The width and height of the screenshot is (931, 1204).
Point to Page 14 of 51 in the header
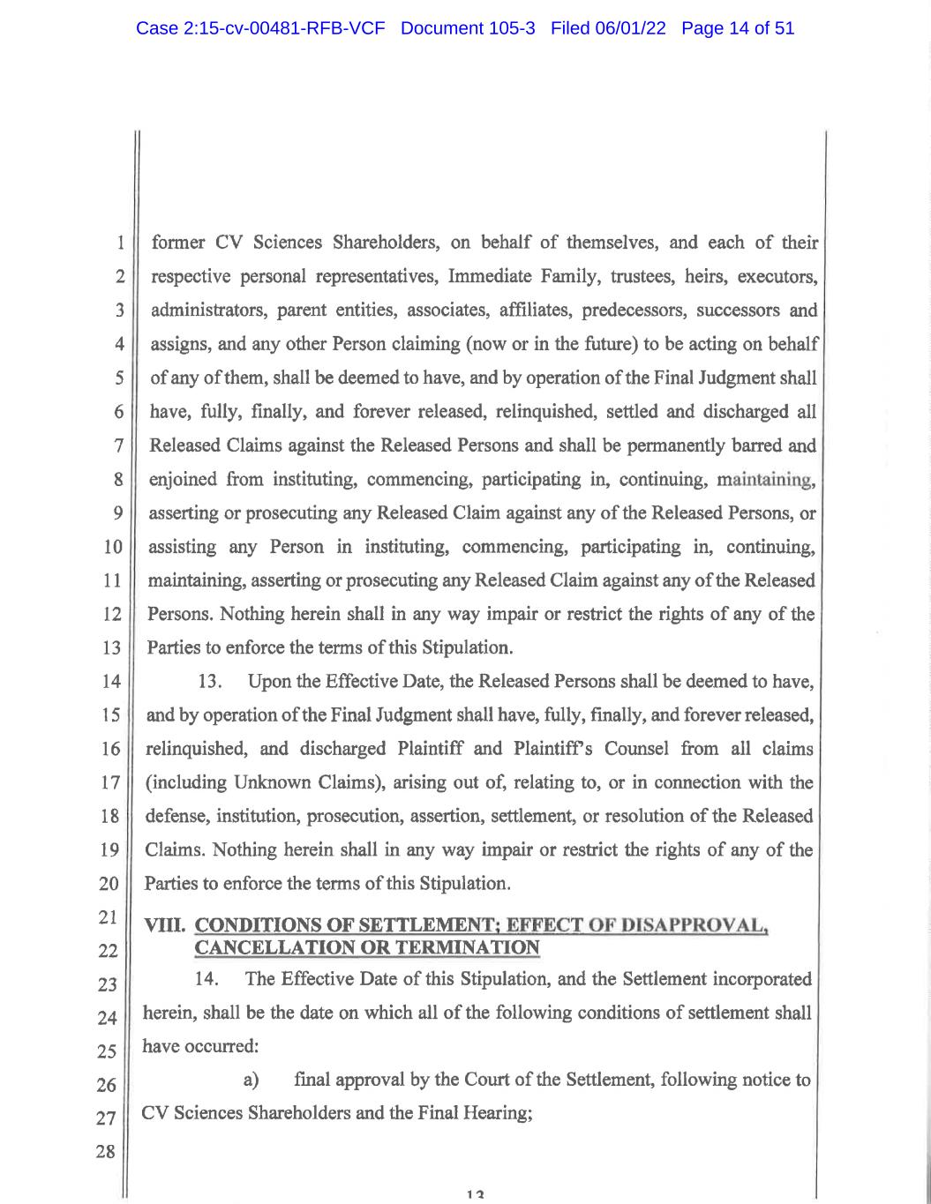(738, 28)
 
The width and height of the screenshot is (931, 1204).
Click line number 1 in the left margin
(118, 243)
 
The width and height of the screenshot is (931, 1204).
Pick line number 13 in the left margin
(112, 648)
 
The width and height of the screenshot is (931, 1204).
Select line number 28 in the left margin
(107, 1151)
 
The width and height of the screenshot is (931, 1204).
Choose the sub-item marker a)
(251, 1080)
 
